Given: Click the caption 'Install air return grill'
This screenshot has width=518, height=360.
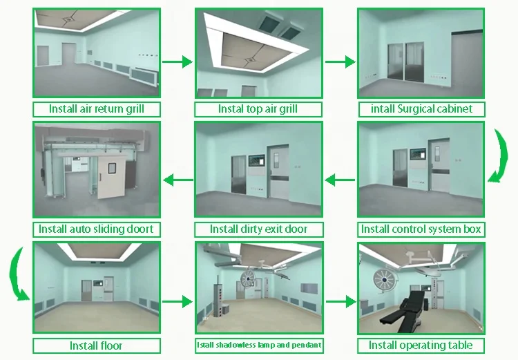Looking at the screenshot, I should coord(96,108).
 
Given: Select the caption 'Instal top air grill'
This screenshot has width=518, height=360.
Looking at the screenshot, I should coord(258,109).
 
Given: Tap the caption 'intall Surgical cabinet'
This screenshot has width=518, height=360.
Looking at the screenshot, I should coord(421,109).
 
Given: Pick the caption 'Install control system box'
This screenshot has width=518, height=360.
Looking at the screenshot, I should coord(421,229).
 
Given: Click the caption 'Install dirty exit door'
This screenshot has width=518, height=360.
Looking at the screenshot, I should coord(258,229).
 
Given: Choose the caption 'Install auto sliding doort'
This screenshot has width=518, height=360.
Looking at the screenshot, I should coord(96,229).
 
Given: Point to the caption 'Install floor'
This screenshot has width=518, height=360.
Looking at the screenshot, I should coord(96,345).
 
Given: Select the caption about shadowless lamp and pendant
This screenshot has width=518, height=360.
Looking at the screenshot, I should coord(258,345).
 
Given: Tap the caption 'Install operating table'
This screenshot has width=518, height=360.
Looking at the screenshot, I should coord(421,345).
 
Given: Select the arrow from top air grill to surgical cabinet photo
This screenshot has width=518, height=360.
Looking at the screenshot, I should coord(339,62).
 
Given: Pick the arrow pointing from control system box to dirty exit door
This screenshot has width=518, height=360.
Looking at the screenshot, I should coord(340,180).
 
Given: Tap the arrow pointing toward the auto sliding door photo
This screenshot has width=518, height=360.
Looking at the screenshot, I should coord(177,180).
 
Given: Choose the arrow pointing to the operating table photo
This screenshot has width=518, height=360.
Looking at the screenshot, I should coord(339,302).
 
